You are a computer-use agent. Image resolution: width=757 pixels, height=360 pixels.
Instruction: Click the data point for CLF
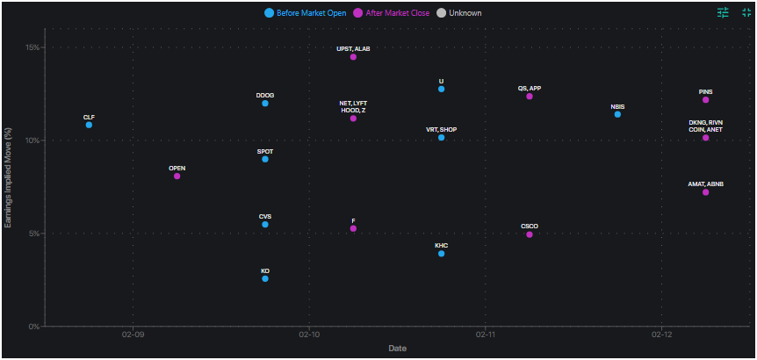pos(89,125)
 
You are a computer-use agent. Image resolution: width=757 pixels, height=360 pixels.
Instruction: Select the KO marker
pos(265,278)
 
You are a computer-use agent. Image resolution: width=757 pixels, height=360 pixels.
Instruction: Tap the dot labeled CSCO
pos(530,234)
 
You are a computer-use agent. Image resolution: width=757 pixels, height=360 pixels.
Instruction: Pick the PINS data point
pos(705,100)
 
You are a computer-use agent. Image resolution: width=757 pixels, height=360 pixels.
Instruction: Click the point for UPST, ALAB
pos(353,57)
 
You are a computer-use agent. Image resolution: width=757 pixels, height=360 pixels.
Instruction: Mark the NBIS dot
pos(617,114)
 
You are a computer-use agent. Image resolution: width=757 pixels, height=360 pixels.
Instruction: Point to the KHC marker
pos(441,254)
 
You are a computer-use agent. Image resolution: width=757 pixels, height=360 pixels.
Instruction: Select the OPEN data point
pos(177,176)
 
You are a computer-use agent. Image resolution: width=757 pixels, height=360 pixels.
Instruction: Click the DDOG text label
pos(265,95)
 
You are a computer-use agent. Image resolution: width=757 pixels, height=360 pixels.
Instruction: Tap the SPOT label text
pos(265,151)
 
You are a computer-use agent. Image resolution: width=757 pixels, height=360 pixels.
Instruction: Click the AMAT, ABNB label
pos(705,184)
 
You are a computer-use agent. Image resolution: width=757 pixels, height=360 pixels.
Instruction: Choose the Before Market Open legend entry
pos(305,13)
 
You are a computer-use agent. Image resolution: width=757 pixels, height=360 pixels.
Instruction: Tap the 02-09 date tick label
pos(133,335)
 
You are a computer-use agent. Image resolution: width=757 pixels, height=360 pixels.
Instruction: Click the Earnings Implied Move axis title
pos(9,176)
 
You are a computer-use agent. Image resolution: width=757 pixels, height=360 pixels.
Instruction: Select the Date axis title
pos(397,349)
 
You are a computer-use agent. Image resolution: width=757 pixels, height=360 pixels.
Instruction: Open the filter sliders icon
pos(723,12)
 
